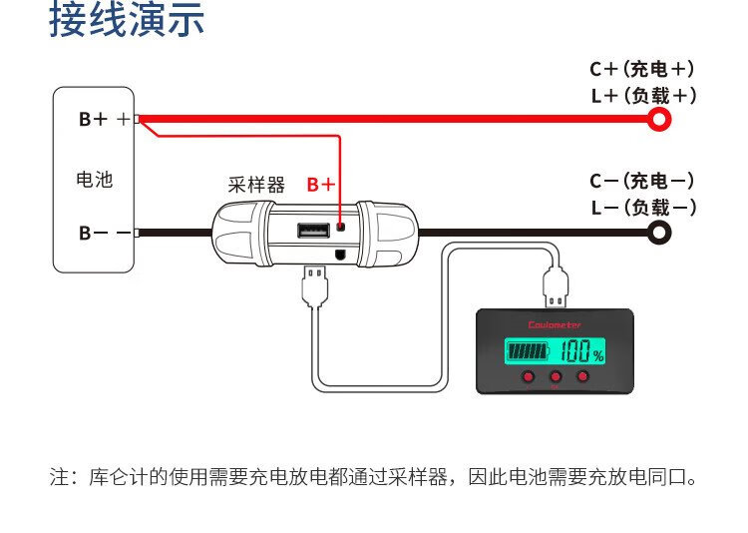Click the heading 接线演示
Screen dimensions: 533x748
[127, 21]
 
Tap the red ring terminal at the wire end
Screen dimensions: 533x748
[659, 120]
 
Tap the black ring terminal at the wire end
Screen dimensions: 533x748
[659, 233]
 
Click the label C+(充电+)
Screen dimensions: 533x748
[642, 69]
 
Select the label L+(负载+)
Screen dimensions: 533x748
[642, 96]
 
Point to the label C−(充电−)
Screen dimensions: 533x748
[642, 181]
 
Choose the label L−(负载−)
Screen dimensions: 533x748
[642, 208]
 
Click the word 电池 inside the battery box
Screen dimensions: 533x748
[94, 180]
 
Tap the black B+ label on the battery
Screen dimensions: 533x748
[93, 120]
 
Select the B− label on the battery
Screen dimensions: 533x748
[93, 233]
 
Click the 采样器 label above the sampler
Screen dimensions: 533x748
[256, 185]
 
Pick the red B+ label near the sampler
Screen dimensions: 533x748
[321, 185]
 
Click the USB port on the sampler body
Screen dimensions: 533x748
[312, 232]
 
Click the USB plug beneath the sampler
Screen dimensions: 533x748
[314, 281]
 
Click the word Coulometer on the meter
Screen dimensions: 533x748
[555, 325]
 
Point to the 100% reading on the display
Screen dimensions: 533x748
[580, 352]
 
